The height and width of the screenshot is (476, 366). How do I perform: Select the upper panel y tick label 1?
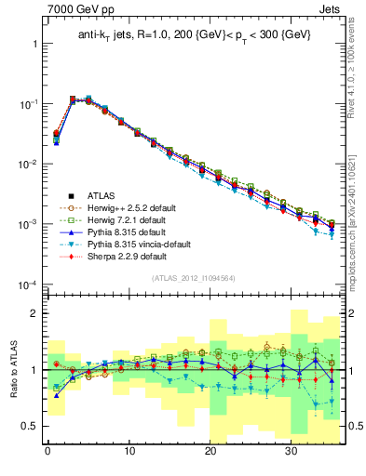click(35, 44)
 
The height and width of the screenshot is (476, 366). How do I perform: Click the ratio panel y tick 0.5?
click(30, 426)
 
